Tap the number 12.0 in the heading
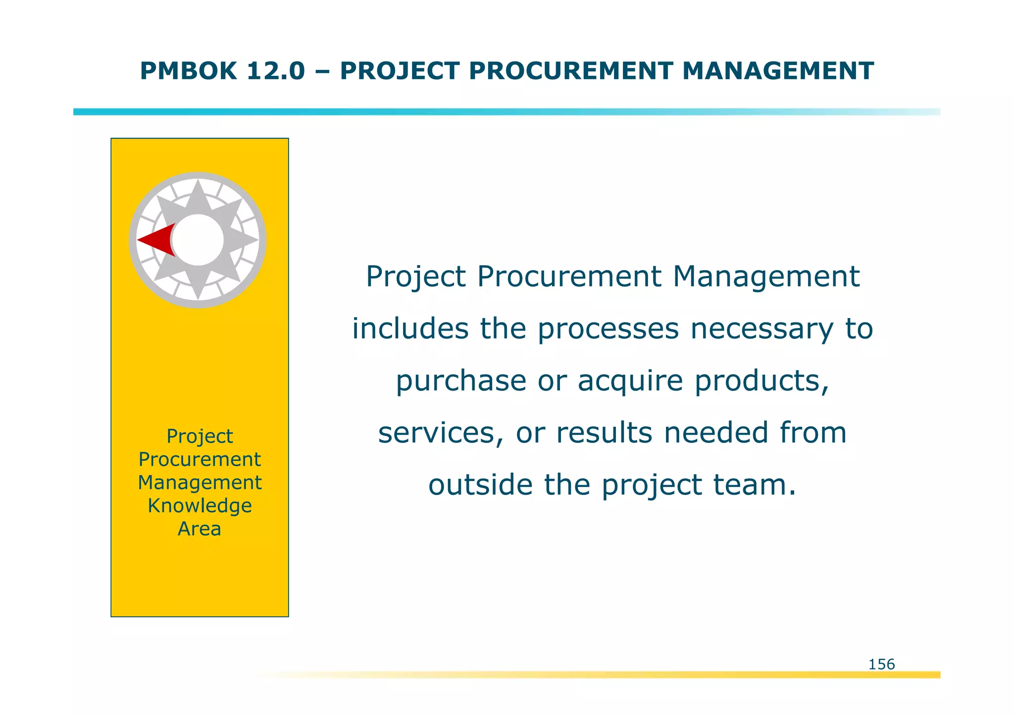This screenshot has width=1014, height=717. point(275,71)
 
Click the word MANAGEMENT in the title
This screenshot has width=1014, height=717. point(778,71)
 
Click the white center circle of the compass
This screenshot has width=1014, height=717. point(198,240)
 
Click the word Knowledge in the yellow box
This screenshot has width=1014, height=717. point(200,506)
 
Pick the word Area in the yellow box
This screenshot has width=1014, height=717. point(200,529)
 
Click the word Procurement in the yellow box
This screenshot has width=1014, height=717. point(200,459)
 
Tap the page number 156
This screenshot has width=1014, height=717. point(881,664)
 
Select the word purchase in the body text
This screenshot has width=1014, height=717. point(461,381)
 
